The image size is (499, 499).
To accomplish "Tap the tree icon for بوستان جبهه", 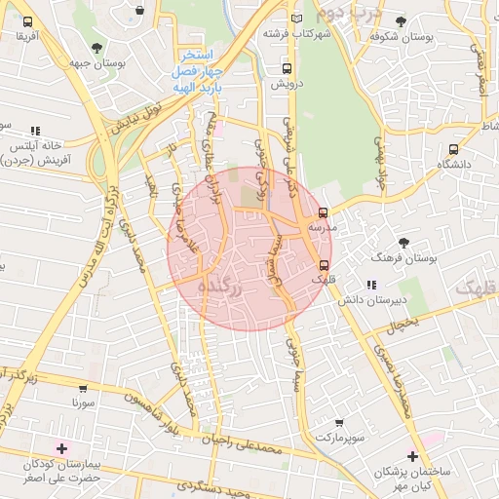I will pyautogui.click(x=96, y=47).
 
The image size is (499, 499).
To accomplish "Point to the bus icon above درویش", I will pyautogui.click(x=287, y=68).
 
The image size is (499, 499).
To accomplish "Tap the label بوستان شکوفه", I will pyautogui.click(x=400, y=36).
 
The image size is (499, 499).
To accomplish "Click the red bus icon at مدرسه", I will pyautogui.click(x=324, y=212).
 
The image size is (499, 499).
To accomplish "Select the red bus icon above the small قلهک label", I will pyautogui.click(x=324, y=264).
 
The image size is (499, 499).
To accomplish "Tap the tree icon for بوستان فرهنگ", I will pyautogui.click(x=403, y=242).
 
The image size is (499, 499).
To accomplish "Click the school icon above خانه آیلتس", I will pyautogui.click(x=36, y=130).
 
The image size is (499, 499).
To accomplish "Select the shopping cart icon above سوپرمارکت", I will pyautogui.click(x=339, y=423).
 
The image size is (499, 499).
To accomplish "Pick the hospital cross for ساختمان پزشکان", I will pyautogui.click(x=413, y=456).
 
